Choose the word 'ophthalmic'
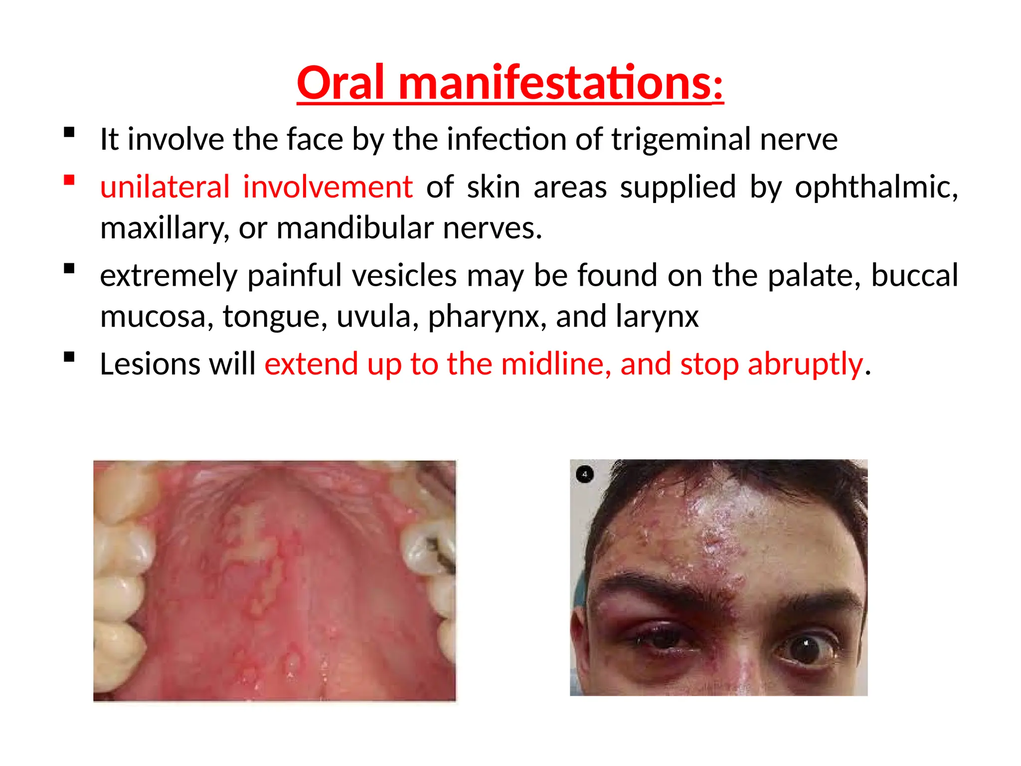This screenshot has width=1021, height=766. [875, 188]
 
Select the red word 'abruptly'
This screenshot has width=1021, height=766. [806, 365]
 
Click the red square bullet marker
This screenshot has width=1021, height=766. [69, 180]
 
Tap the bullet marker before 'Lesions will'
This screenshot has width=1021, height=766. [69, 357]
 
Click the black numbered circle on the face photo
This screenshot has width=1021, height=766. [584, 474]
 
